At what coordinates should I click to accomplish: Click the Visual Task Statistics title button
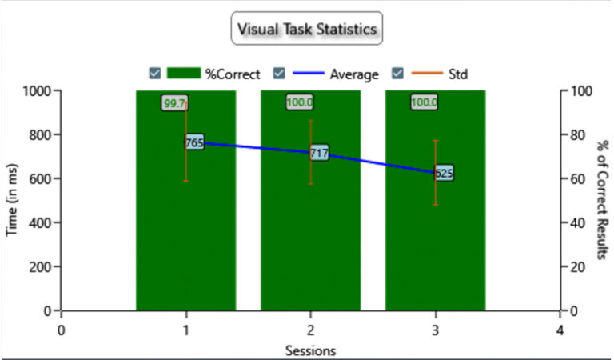pyautogui.click(x=307, y=30)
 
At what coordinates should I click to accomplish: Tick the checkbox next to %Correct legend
pyautogui.click(x=155, y=74)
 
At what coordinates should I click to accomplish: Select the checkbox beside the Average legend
pyautogui.click(x=279, y=74)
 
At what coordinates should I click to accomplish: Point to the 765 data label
pyautogui.click(x=194, y=143)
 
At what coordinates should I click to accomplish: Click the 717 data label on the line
pyautogui.click(x=318, y=152)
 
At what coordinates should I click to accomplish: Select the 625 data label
pyautogui.click(x=444, y=173)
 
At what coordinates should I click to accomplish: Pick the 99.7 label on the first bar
pyautogui.click(x=174, y=103)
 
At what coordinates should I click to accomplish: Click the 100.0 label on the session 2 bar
pyautogui.click(x=299, y=102)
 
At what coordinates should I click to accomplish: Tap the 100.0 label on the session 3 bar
pyautogui.click(x=424, y=102)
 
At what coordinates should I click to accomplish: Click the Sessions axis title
pyautogui.click(x=310, y=350)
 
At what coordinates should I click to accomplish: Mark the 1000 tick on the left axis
pyautogui.click(x=34, y=90)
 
